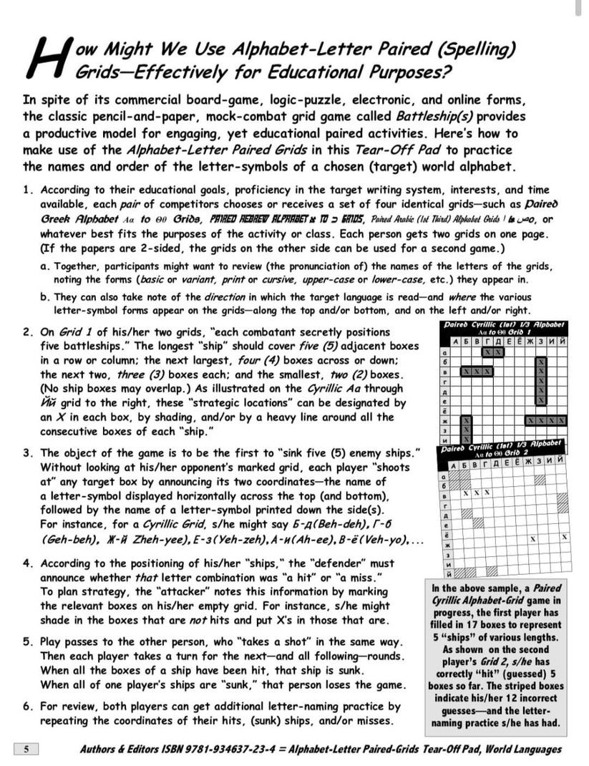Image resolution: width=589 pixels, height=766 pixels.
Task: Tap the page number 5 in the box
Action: (x=26, y=750)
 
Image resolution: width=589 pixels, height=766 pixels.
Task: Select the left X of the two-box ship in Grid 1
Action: (x=487, y=352)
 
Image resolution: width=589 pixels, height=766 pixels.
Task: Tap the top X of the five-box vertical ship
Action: (x=540, y=362)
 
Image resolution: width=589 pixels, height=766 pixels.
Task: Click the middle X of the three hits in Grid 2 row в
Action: (x=477, y=493)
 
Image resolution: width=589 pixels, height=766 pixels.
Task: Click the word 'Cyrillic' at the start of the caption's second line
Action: (x=450, y=600)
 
